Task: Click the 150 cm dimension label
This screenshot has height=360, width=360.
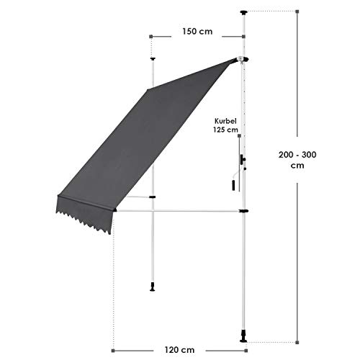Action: (197, 32)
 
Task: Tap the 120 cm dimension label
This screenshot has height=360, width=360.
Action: (179, 350)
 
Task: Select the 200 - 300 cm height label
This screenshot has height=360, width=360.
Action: (297, 160)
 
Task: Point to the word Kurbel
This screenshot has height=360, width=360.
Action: (225, 121)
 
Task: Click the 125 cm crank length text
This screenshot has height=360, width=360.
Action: (225, 130)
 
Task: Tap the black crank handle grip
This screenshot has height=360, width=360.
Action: (233, 185)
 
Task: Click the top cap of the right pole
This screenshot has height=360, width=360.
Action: (244, 12)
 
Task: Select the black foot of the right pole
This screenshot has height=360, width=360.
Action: (243, 336)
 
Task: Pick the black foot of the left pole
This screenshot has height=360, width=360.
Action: (152, 287)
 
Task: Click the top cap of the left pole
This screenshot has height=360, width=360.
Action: (153, 58)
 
